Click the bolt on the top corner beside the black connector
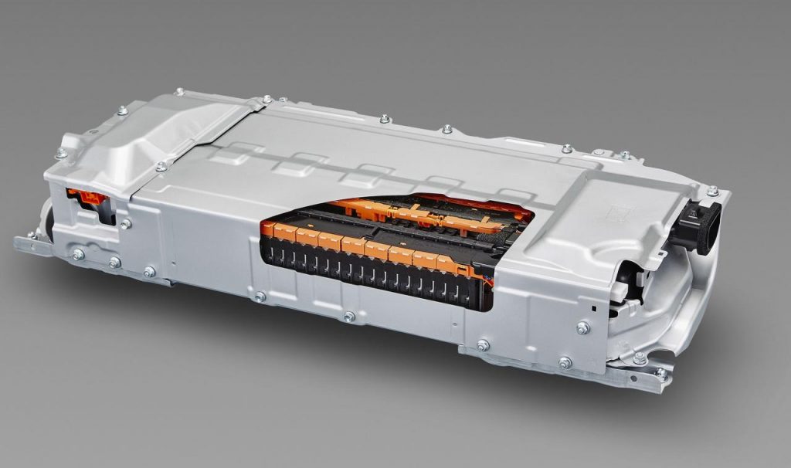(x=711, y=191)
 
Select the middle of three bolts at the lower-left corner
(x=114, y=263)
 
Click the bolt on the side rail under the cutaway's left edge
(x=260, y=297)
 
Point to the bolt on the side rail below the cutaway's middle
(x=349, y=317)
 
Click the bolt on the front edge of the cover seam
(x=161, y=166)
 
